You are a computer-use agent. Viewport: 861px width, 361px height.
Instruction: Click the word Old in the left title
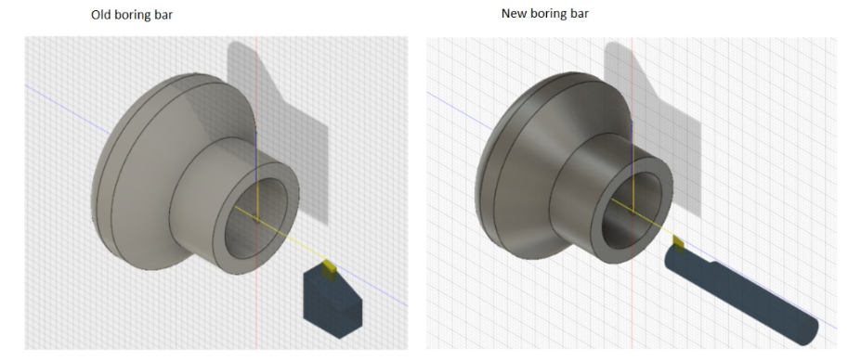(x=100, y=15)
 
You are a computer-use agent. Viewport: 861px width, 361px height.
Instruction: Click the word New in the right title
(x=513, y=14)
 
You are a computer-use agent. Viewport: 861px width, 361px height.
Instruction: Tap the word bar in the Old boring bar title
(x=163, y=15)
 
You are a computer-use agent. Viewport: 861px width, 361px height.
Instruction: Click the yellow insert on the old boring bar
(x=329, y=270)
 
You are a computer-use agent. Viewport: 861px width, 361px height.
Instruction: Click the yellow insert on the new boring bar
(x=679, y=244)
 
